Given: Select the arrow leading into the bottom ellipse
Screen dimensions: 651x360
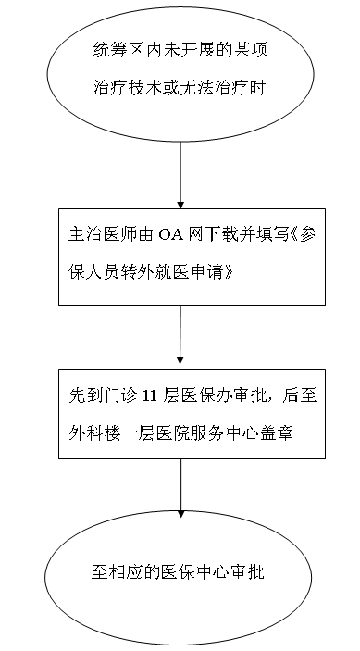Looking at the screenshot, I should pyautogui.click(x=180, y=488).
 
